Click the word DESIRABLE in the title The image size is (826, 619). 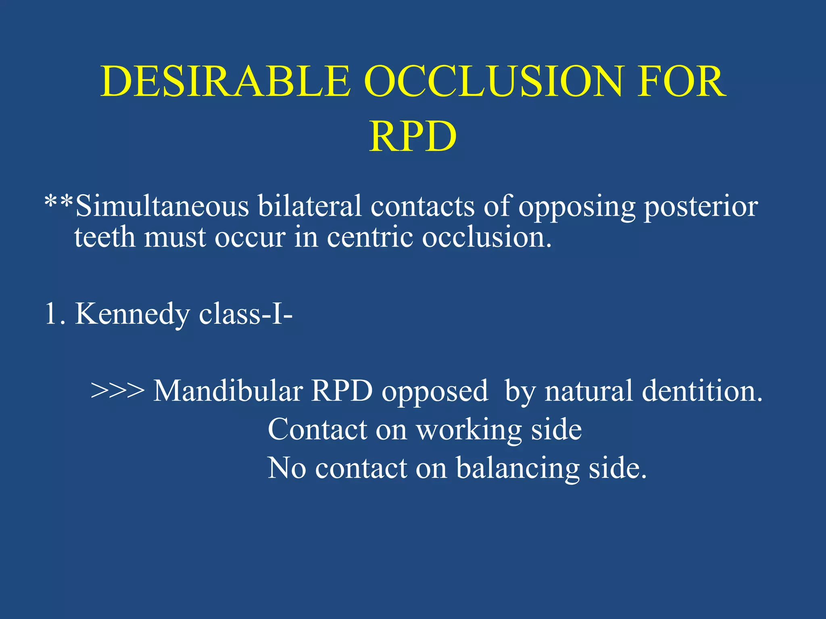(x=226, y=82)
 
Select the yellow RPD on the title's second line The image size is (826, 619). (x=413, y=137)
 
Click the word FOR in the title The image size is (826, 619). (x=682, y=82)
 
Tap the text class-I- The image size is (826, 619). (x=246, y=314)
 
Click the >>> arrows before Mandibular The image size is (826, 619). (x=117, y=391)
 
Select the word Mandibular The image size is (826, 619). (x=228, y=391)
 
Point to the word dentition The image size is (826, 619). (x=702, y=391)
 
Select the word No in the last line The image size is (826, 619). (x=287, y=468)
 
